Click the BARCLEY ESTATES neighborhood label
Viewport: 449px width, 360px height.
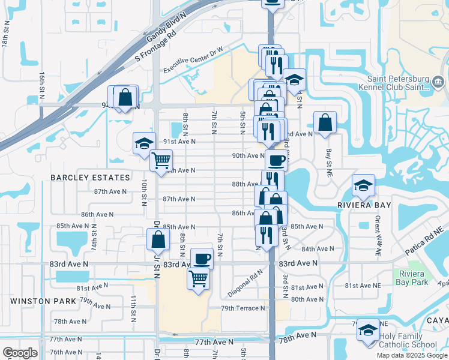(x=90, y=178)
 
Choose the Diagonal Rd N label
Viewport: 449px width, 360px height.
(x=246, y=284)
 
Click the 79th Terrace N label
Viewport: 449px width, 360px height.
(x=243, y=308)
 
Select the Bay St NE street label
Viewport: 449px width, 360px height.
(x=328, y=158)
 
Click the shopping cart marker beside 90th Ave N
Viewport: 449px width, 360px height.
(x=161, y=160)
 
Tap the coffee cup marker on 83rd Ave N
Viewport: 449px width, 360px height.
(x=202, y=258)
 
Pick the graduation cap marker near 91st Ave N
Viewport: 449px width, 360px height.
(x=144, y=143)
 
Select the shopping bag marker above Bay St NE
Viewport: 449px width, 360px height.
(x=325, y=122)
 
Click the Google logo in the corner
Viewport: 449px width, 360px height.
(x=19, y=353)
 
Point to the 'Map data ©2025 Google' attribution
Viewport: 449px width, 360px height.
(x=412, y=355)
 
